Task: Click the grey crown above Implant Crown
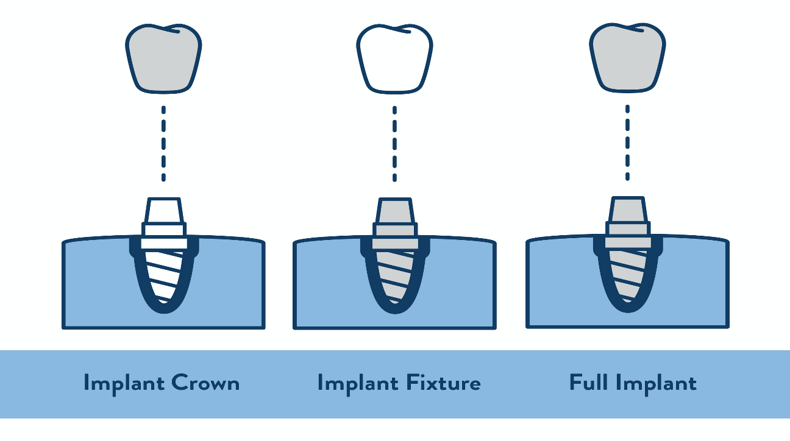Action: [163, 59]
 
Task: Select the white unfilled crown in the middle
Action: [394, 59]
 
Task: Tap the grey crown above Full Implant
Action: [627, 59]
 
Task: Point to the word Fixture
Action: [443, 383]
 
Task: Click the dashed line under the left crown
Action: [163, 143]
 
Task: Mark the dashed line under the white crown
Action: [394, 143]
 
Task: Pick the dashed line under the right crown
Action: [627, 143]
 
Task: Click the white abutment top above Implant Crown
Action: [163, 211]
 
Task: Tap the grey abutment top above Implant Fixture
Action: [395, 211]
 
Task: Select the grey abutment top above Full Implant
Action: [628, 211]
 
